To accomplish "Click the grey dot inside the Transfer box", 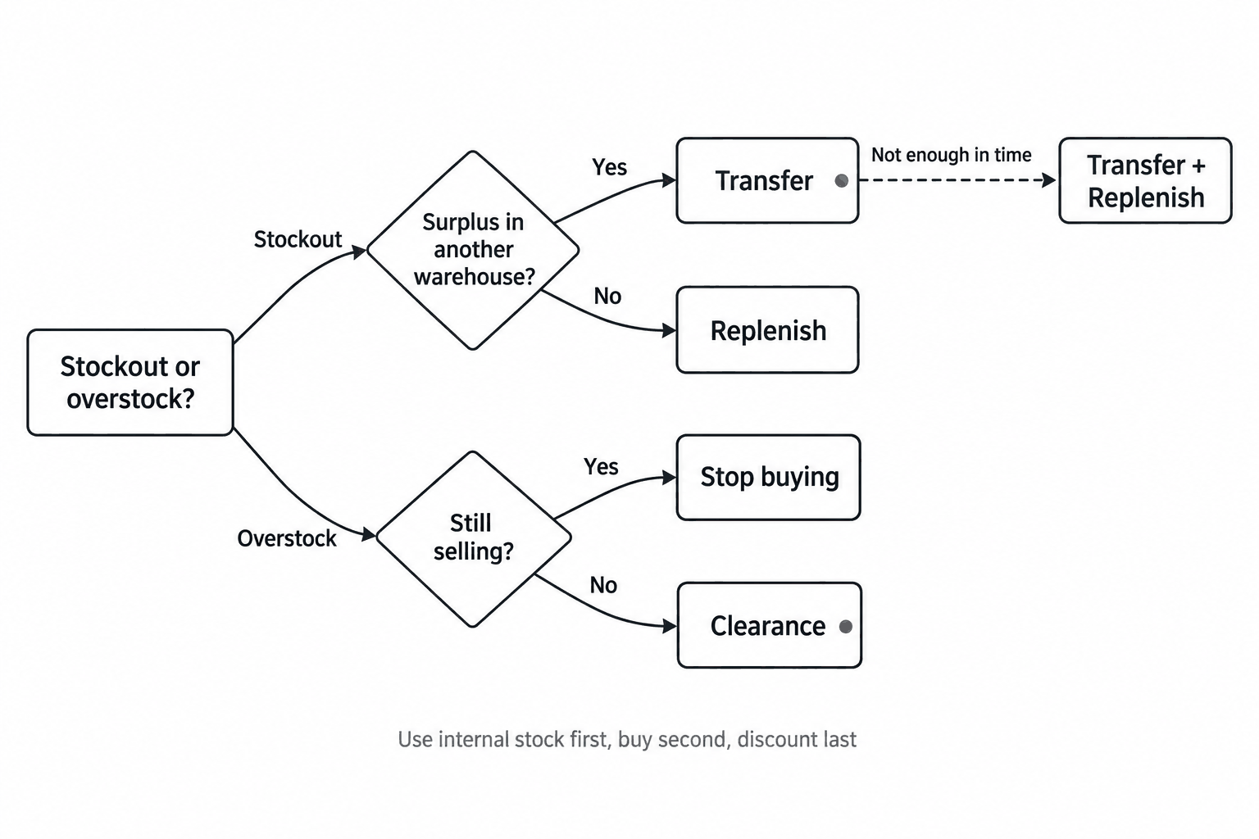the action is pos(842,180).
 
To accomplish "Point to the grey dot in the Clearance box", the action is pos(845,626).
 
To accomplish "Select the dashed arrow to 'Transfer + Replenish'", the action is pos(957,180).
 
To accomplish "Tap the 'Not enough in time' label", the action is pos(951,155).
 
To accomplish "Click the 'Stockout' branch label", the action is pos(298,239).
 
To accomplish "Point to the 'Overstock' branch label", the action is pos(287,538).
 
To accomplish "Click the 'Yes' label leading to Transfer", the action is pos(609,167).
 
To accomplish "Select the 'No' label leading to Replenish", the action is pos(607,296).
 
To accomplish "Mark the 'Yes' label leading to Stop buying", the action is pos(601,466).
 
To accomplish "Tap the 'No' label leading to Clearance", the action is pos(603,586).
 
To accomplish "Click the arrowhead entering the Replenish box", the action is pos(670,330).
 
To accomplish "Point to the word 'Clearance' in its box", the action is pos(768,626).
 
